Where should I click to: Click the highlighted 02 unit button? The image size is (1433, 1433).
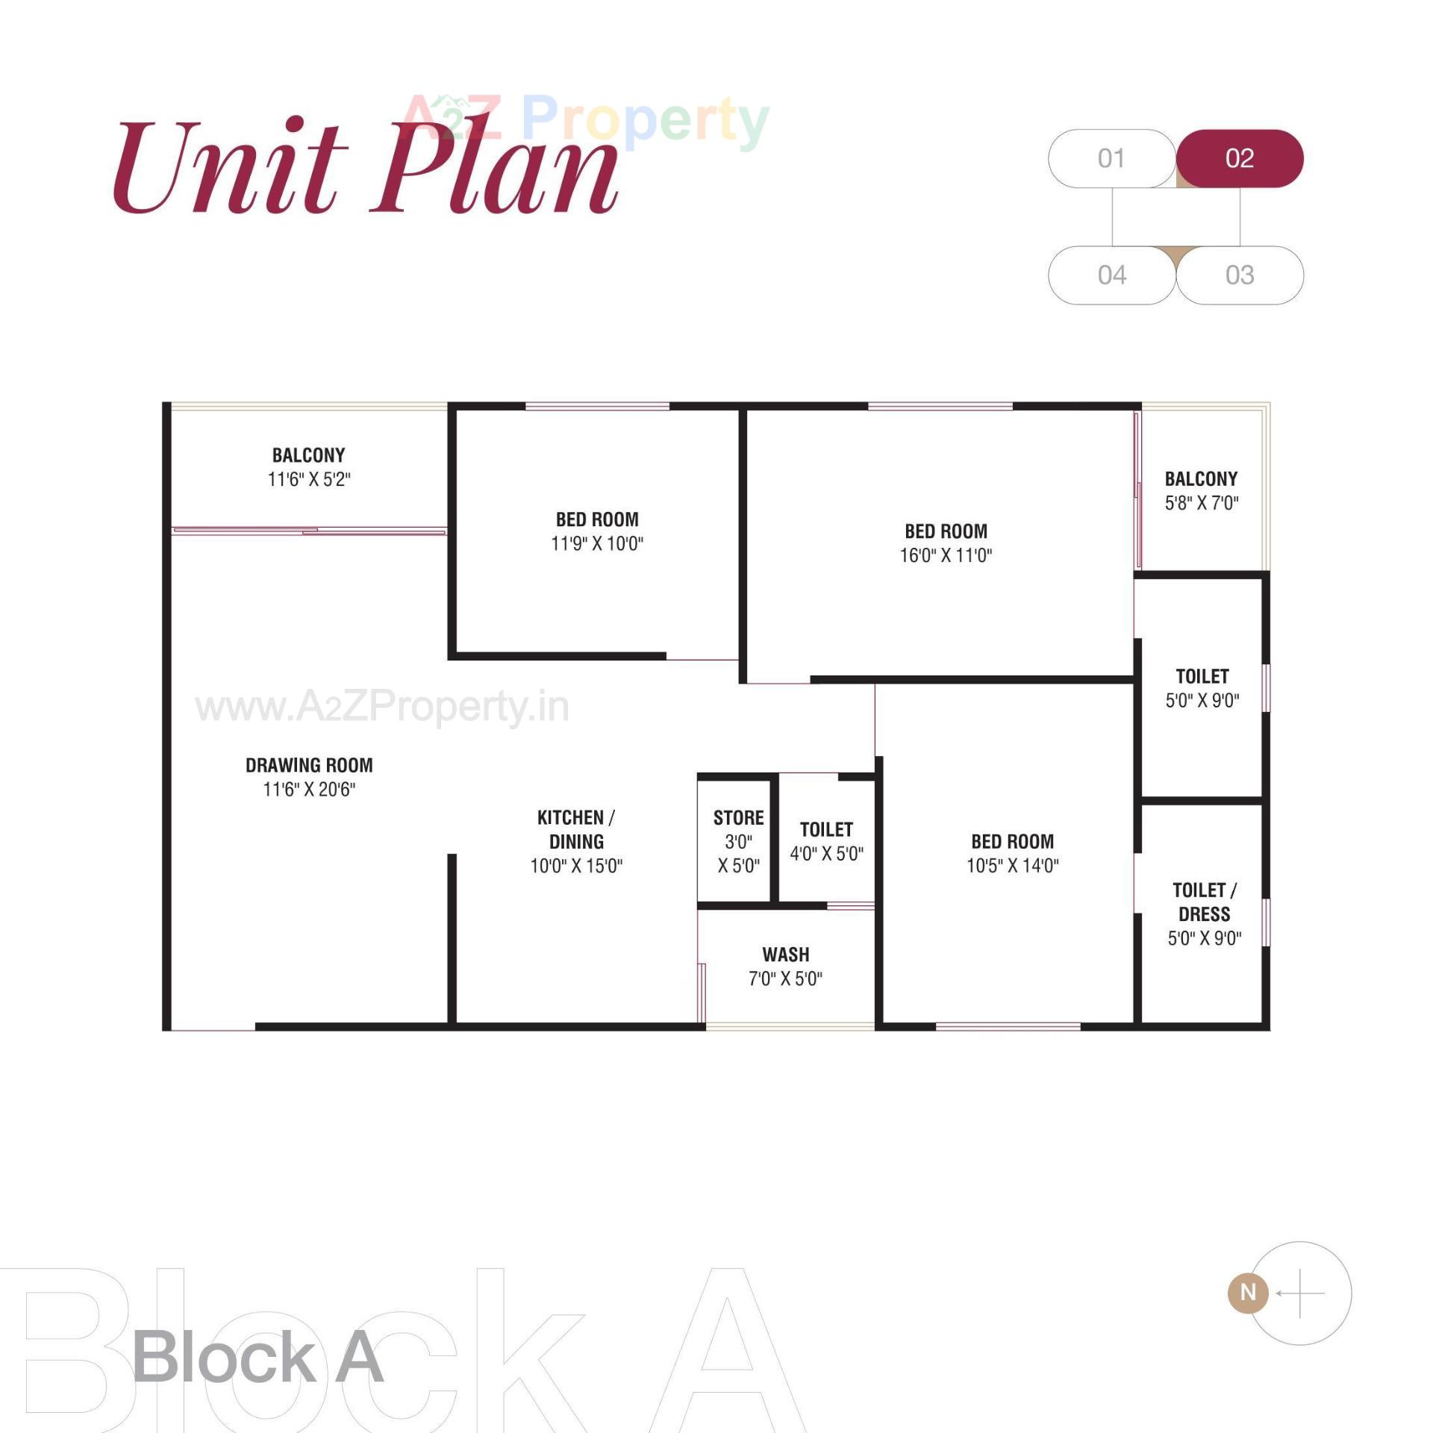tap(1239, 158)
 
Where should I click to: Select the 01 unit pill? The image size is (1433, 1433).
tap(1111, 158)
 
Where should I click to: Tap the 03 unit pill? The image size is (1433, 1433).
tap(1239, 275)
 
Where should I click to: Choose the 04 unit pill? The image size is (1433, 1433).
tap(1111, 275)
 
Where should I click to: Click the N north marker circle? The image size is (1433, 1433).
tap(1248, 1292)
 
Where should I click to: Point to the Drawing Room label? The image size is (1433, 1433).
tap(309, 765)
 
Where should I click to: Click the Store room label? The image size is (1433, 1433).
tap(738, 818)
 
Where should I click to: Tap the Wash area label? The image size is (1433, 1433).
tap(785, 955)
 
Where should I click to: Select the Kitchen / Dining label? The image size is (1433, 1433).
tap(575, 829)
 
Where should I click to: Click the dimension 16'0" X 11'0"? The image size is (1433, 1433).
tap(946, 555)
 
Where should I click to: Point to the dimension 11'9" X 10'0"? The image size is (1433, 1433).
tap(597, 543)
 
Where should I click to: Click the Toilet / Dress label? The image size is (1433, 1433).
tap(1204, 902)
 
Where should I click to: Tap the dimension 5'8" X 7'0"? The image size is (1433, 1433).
tap(1202, 503)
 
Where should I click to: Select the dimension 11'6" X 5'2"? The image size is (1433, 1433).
tap(309, 479)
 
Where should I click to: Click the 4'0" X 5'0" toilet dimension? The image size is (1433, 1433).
tap(826, 854)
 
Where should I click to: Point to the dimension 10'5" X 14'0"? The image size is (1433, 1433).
tap(1012, 866)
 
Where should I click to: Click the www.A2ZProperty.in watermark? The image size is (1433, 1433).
tap(382, 706)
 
